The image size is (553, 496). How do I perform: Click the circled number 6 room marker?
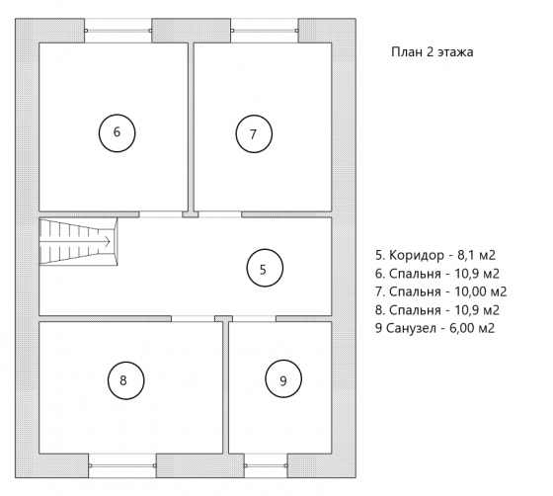pos(117,133)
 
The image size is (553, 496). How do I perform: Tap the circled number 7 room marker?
pos(254,133)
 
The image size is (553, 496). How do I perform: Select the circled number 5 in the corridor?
pos(265,268)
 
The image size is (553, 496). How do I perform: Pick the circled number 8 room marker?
pos(126,380)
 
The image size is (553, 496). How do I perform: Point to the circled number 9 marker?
pos(283,378)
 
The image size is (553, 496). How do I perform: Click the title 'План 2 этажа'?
pos(433,51)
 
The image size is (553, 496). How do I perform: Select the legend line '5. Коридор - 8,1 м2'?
pos(435,255)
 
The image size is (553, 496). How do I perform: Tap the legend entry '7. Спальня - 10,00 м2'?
pos(440,291)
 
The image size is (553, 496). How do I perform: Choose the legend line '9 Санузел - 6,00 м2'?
pos(434,328)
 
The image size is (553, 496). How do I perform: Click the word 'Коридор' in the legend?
pos(417,255)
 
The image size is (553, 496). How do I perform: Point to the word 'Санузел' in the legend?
pos(411,328)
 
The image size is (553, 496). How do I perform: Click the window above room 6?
pos(118,31)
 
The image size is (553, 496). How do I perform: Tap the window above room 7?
pos(265,31)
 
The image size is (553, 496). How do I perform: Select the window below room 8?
pos(122,465)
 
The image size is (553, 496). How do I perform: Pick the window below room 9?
pos(266,465)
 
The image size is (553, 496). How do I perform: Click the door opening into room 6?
pos(160,214)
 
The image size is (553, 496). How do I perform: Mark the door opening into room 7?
pos(219,214)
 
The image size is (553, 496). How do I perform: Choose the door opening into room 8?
pos(193,318)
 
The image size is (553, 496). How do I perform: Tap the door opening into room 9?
pos(254,318)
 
